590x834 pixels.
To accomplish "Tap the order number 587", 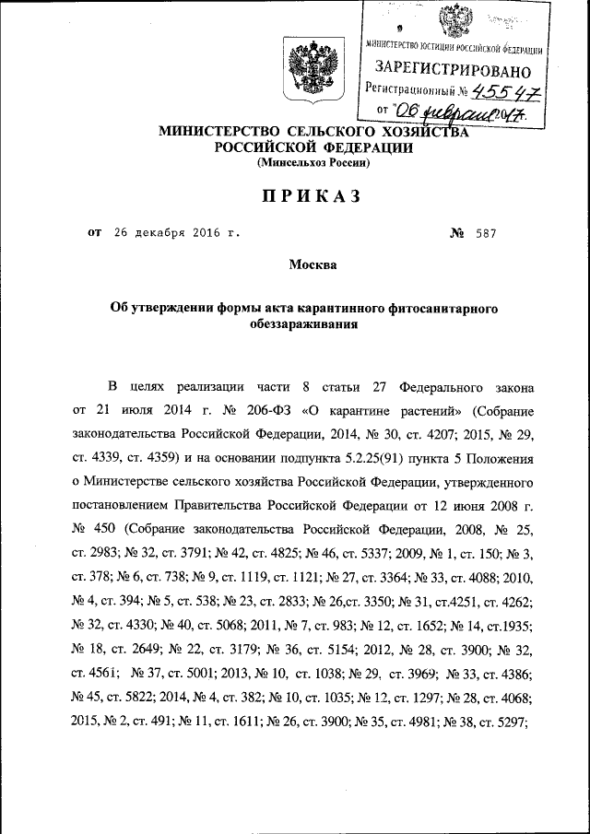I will pos(486,233).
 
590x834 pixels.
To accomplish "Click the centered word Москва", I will pos(313,265).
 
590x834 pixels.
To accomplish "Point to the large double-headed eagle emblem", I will pos(306,70).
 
